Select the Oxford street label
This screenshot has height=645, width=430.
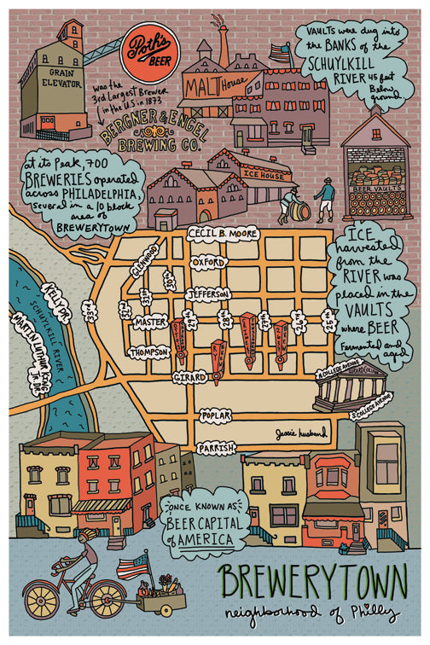tap(208, 262)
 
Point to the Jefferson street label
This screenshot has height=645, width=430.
tap(208, 293)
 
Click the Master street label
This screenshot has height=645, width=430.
tap(150, 323)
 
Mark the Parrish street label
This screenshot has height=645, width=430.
tap(215, 447)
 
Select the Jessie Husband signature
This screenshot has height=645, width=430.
tap(301, 433)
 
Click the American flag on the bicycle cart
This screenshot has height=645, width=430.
tap(132, 565)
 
